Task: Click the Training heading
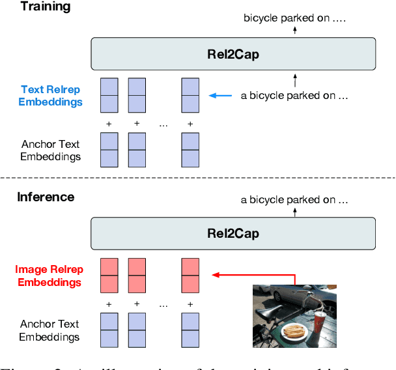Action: [x=44, y=8]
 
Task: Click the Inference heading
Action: [x=46, y=197]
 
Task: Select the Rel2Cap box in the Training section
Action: [x=234, y=54]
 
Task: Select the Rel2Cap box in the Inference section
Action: [x=234, y=232]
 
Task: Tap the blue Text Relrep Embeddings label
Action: [x=51, y=96]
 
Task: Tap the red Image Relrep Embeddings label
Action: [x=49, y=276]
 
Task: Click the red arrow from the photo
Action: [x=254, y=275]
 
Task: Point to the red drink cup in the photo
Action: [x=319, y=324]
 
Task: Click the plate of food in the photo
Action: [x=293, y=332]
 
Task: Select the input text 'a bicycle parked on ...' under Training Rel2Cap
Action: [x=294, y=96]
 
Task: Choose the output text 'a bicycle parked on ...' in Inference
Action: [x=294, y=200]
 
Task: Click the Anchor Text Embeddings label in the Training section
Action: [x=50, y=150]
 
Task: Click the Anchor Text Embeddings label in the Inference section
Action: [x=50, y=330]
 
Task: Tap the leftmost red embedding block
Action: [x=109, y=275]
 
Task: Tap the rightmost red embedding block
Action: [x=190, y=275]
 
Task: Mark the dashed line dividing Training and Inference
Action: [x=198, y=178]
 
